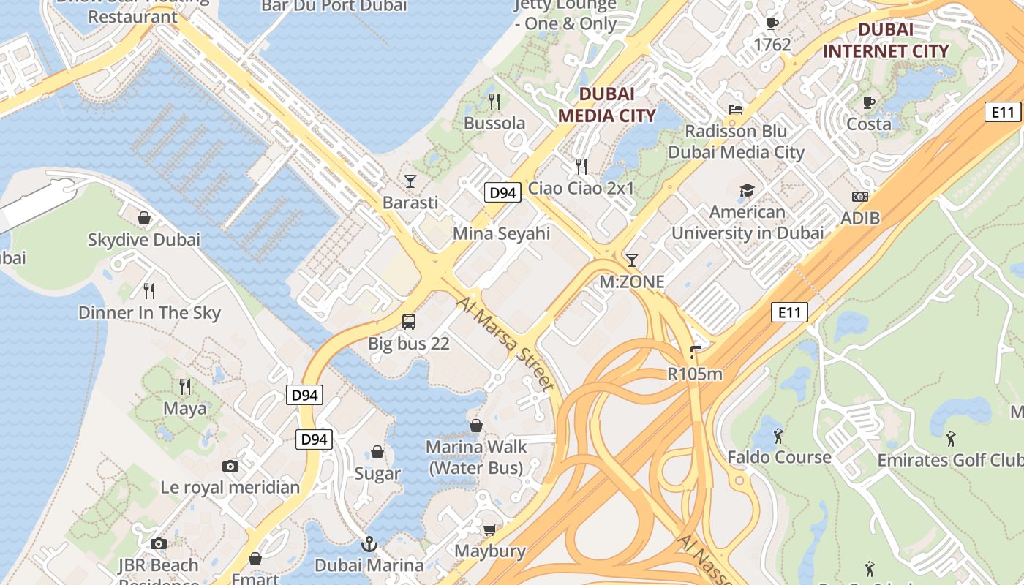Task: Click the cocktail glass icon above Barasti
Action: [x=410, y=181]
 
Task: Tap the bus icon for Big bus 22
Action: [x=409, y=321]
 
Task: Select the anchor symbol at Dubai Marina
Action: [x=369, y=544]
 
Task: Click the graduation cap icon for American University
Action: [x=747, y=191]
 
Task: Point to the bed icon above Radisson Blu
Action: [x=736, y=110]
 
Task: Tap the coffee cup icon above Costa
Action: [x=869, y=102]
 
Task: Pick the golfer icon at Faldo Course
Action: [x=778, y=436]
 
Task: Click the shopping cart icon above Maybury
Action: [x=490, y=529]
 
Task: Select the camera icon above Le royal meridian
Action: [x=230, y=466]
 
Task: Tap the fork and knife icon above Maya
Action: [x=185, y=386]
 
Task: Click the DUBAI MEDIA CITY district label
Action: [x=607, y=105]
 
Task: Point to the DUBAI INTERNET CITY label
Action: [x=886, y=40]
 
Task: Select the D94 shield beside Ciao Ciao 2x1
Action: [x=503, y=193]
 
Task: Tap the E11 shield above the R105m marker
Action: [x=789, y=313]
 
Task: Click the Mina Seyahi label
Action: [x=501, y=234]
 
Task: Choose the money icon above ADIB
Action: [x=860, y=197]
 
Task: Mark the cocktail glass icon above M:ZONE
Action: [x=632, y=260]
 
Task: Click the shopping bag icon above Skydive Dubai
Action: [x=144, y=218]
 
